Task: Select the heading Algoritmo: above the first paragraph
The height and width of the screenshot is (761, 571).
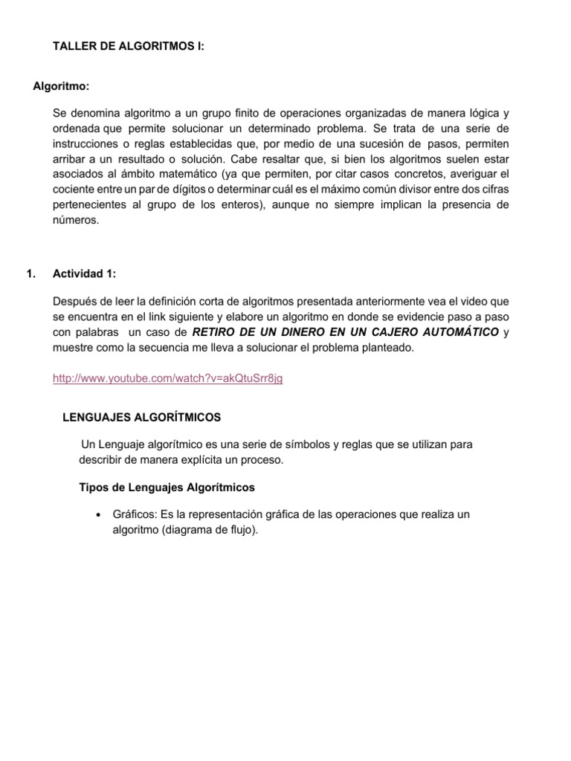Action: pos(62,87)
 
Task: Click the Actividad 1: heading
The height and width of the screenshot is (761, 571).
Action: pos(84,274)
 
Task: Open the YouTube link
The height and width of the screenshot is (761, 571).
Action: pos(167,378)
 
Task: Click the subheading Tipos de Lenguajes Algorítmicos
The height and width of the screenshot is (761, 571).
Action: pos(167,488)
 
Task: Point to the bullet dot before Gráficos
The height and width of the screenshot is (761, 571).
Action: pos(99,515)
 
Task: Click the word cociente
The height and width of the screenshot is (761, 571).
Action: pos(74,189)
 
